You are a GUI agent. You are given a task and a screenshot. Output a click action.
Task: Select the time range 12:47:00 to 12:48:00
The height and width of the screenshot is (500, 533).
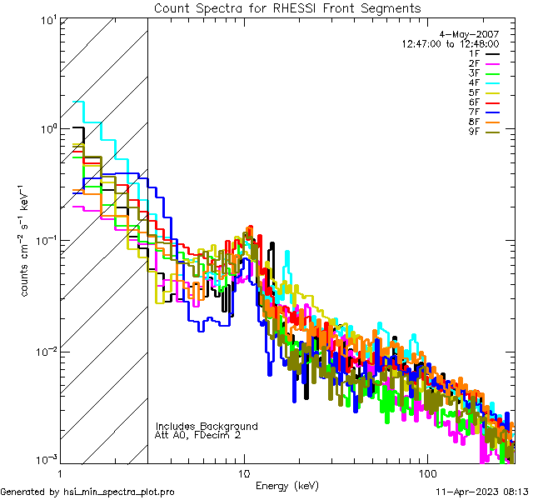coord(450,43)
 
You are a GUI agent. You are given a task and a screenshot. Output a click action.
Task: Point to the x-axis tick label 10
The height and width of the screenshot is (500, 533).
coord(244,472)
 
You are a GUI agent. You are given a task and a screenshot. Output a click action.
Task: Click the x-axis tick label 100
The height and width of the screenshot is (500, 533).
coord(426,472)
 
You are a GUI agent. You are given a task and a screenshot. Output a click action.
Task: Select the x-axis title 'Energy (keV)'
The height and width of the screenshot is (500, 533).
coord(287,485)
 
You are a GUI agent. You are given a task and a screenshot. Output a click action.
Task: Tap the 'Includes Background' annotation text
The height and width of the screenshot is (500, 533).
coord(207,426)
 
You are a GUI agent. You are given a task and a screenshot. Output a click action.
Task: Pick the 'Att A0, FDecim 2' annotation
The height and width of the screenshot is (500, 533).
coord(198,435)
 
